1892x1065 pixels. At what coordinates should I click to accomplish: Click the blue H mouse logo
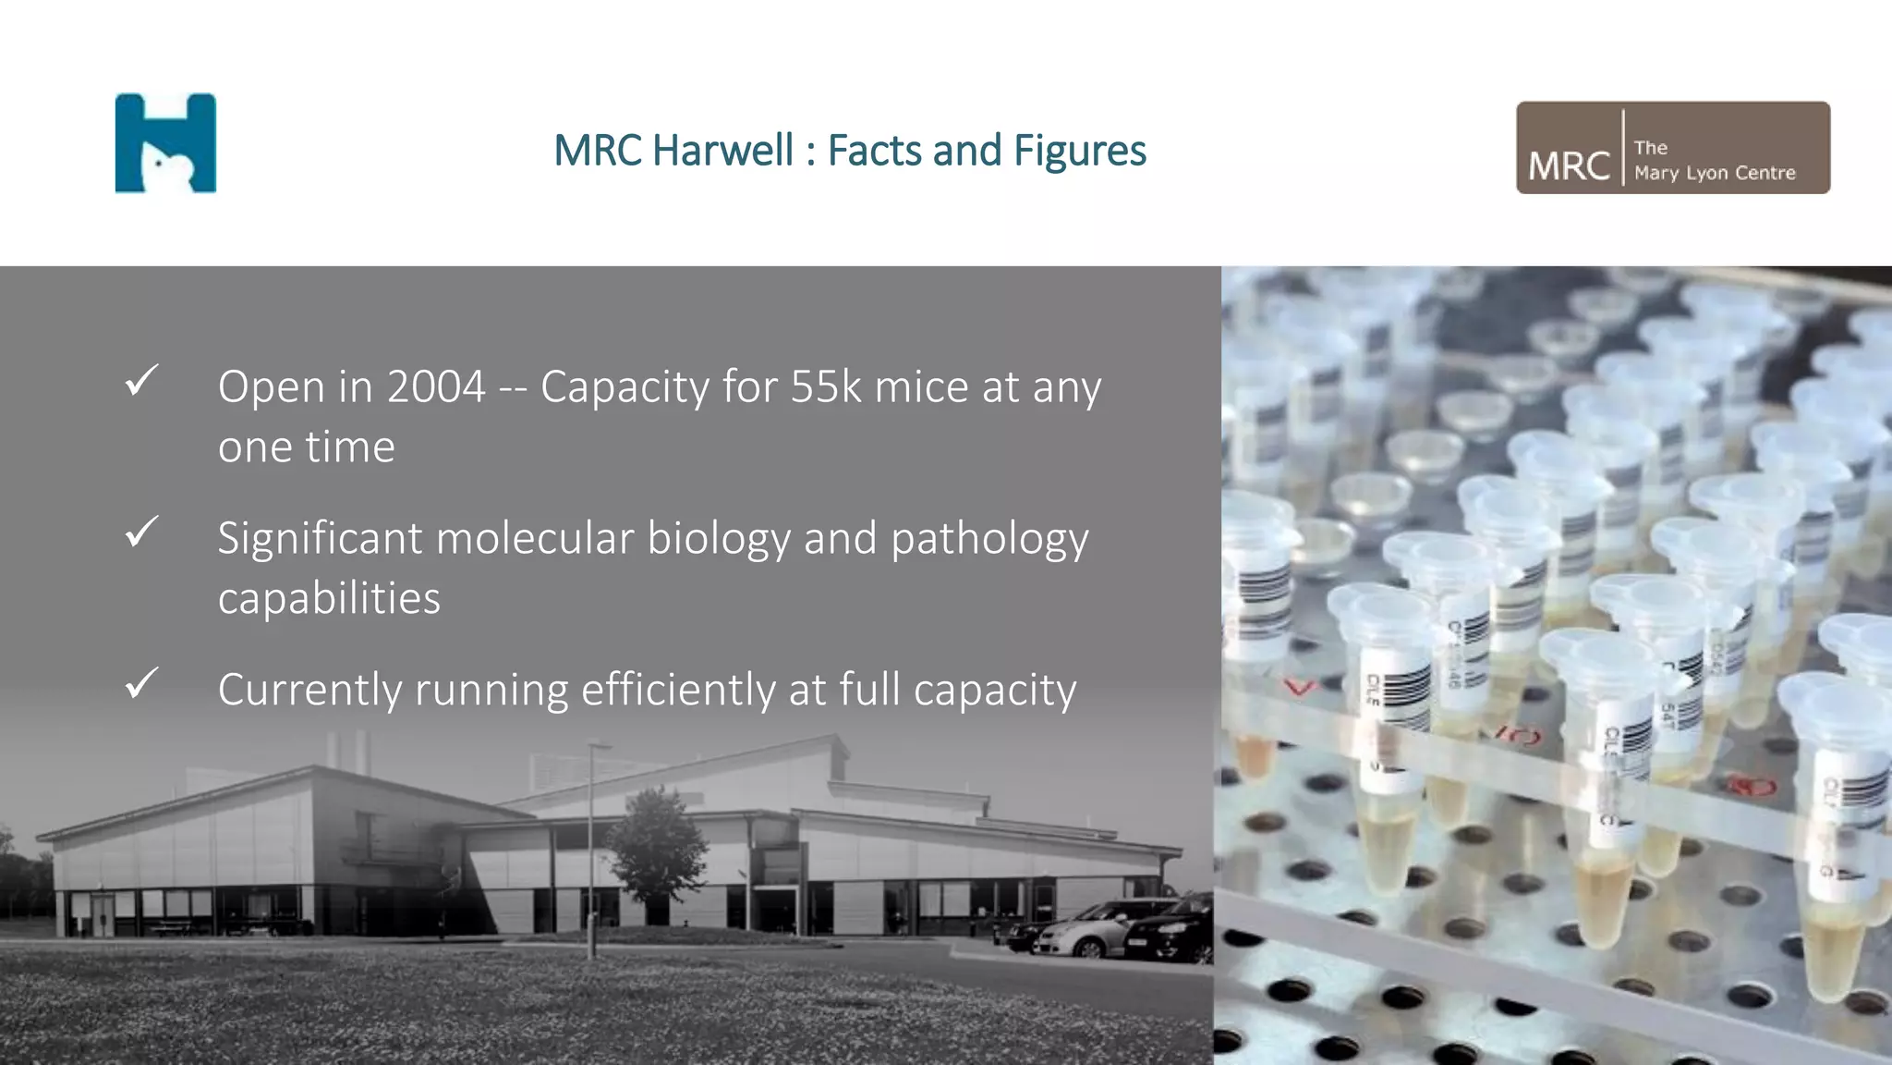coord(165,143)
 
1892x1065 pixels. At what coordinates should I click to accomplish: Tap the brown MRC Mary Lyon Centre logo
coord(1672,148)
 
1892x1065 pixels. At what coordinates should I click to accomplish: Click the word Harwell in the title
coord(722,151)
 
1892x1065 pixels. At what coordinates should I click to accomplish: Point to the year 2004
coord(436,386)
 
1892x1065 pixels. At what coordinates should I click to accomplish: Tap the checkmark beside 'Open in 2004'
coord(141,380)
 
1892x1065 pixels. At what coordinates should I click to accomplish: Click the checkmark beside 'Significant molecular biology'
coord(141,532)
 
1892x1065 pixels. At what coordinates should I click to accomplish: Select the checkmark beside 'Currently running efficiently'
coord(141,683)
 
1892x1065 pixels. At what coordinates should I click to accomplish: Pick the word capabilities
coord(329,598)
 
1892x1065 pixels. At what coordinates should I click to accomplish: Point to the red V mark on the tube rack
coord(1300,687)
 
